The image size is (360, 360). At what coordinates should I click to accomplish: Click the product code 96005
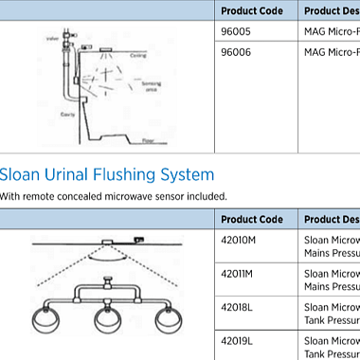(x=235, y=30)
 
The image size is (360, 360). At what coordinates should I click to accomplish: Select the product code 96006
(x=235, y=53)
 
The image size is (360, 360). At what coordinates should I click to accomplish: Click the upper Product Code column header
(x=251, y=10)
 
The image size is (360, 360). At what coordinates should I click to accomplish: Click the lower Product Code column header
(x=251, y=219)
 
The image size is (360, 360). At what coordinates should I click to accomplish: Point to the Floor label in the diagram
(x=148, y=140)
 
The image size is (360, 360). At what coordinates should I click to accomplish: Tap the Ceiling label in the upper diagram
(x=138, y=55)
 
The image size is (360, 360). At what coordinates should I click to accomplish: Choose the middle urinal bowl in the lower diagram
(x=110, y=318)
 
